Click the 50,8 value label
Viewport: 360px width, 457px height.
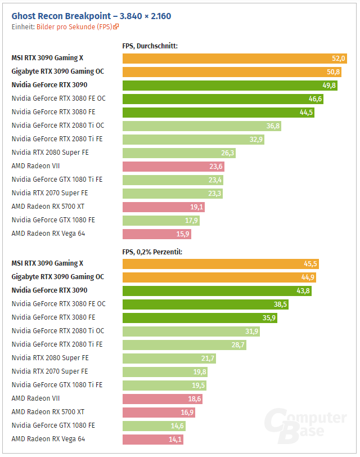[x=334, y=72]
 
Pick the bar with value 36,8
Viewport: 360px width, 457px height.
[x=202, y=126]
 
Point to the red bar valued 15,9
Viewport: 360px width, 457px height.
[x=157, y=234]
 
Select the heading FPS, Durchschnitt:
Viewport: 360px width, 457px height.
[x=150, y=46]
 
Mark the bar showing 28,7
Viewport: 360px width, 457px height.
[x=184, y=345]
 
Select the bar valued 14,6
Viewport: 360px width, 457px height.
[x=154, y=426]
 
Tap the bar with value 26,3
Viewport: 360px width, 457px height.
[x=179, y=153]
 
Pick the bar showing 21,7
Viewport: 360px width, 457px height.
[x=169, y=359]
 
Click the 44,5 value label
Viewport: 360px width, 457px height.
[x=306, y=113]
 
